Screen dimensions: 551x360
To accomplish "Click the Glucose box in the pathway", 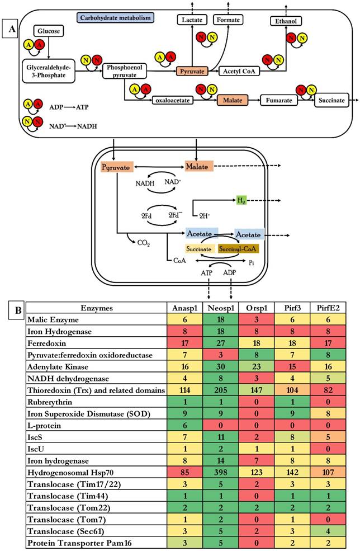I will click(49, 31).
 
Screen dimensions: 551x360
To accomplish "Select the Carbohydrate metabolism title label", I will click(116, 17).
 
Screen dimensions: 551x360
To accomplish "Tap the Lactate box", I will click(192, 20).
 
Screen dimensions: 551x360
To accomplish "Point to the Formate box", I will click(230, 20).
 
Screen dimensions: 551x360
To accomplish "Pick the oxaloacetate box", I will click(173, 101).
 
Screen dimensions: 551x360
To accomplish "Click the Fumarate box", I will click(278, 101).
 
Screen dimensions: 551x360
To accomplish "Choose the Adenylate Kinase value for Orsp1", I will click(250, 366).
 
